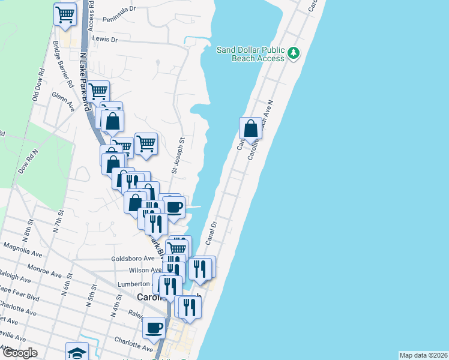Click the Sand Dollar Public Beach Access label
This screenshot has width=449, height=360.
coord(249,54)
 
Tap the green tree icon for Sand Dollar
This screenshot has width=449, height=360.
coord(294,54)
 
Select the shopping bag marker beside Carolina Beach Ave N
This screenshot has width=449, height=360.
coord(250,128)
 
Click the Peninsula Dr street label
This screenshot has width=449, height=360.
coord(118,10)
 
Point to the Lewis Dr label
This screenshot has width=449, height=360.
coord(104,39)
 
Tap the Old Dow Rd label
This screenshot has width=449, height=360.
coord(38,85)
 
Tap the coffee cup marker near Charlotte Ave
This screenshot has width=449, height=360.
coord(154,328)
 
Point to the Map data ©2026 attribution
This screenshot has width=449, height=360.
coord(424,355)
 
